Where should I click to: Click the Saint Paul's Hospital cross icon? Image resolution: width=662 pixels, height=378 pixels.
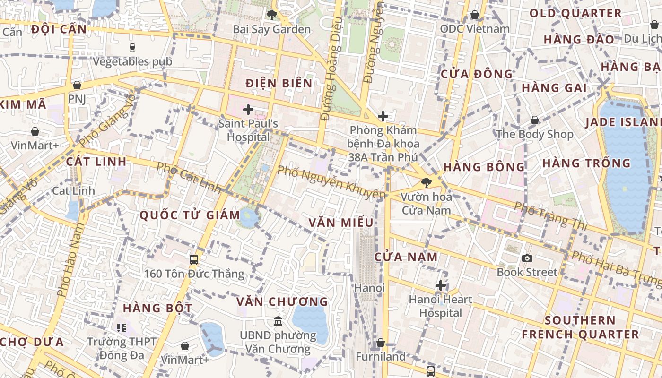coord(248,110)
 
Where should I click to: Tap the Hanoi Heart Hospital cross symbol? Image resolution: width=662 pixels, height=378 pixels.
coord(441,285)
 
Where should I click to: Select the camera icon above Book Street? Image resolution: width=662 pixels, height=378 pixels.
coord(527,258)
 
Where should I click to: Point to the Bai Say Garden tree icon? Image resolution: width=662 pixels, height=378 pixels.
coord(271,15)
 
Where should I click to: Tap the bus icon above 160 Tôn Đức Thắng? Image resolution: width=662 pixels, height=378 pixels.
coord(193,259)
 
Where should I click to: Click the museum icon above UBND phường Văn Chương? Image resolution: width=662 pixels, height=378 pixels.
coord(278,321)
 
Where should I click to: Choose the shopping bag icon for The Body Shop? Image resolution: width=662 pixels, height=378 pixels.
coord(535,120)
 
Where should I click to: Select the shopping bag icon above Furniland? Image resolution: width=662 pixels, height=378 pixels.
coord(380,343)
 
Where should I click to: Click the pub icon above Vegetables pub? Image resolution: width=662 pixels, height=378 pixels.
coord(132,47)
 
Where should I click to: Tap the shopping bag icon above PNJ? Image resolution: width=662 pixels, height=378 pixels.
coord(77,85)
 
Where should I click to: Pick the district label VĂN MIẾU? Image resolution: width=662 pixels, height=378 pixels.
coord(341,223)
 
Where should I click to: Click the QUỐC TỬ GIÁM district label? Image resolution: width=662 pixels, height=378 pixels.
coord(190,215)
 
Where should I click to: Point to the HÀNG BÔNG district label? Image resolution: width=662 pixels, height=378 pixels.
coord(484,167)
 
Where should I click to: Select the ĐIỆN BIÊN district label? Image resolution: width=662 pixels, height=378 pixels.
coord(279,84)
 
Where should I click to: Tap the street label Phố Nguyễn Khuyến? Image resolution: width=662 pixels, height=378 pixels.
coord(331,182)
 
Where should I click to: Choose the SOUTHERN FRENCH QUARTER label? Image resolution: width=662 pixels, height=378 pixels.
coord(580,327)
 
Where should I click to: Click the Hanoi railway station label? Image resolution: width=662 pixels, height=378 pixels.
coord(370,288)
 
